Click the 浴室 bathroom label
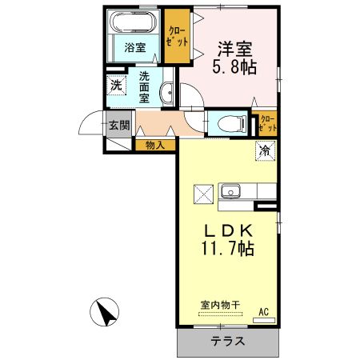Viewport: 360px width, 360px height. [x=134, y=47]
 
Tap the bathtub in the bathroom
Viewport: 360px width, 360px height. [x=134, y=22]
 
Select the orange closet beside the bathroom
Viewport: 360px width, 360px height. [x=176, y=37]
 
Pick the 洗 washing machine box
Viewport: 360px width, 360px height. [x=116, y=85]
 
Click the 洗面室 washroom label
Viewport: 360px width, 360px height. [x=144, y=86]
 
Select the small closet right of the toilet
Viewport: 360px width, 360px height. [x=266, y=124]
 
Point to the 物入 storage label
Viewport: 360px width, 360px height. [x=156, y=145]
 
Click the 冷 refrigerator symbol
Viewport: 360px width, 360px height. [x=263, y=149]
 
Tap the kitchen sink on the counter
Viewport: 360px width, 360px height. [x=232, y=192]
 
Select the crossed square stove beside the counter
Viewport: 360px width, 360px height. [x=203, y=193]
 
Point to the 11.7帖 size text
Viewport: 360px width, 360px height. [x=226, y=249]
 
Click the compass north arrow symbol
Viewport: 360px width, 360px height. [x=107, y=311]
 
